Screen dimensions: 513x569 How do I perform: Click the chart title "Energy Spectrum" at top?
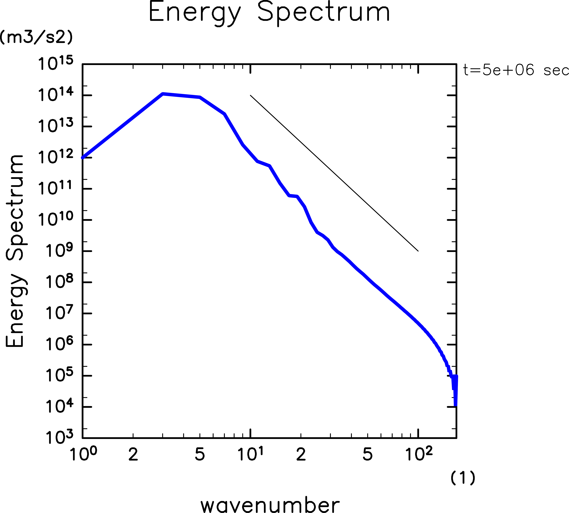point(269,13)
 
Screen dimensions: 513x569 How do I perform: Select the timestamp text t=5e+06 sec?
point(516,70)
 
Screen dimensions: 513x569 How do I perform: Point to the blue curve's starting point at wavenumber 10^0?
point(83,158)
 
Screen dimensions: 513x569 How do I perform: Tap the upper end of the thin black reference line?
point(251,96)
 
